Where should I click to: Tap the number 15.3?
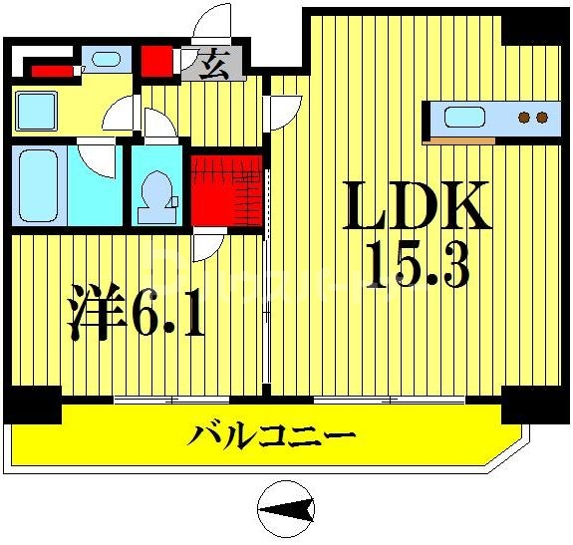click(x=419, y=264)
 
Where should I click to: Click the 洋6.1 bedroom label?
click(x=137, y=312)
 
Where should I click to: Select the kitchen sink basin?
click(x=464, y=118)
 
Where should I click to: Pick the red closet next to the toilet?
click(x=226, y=189)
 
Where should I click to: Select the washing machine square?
click(x=37, y=109)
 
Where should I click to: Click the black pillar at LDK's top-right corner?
click(x=533, y=28)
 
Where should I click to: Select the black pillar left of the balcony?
click(x=31, y=405)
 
